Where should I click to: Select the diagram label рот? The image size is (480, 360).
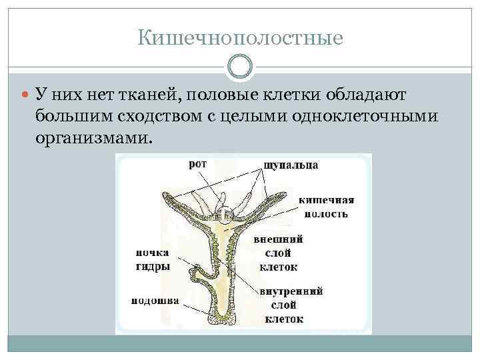[x=197, y=164]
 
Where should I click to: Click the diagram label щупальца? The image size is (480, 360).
[x=291, y=164]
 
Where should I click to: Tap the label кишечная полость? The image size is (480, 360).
[x=325, y=207]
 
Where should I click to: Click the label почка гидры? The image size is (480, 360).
[x=153, y=259]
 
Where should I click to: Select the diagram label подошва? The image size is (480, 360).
[x=155, y=301]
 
